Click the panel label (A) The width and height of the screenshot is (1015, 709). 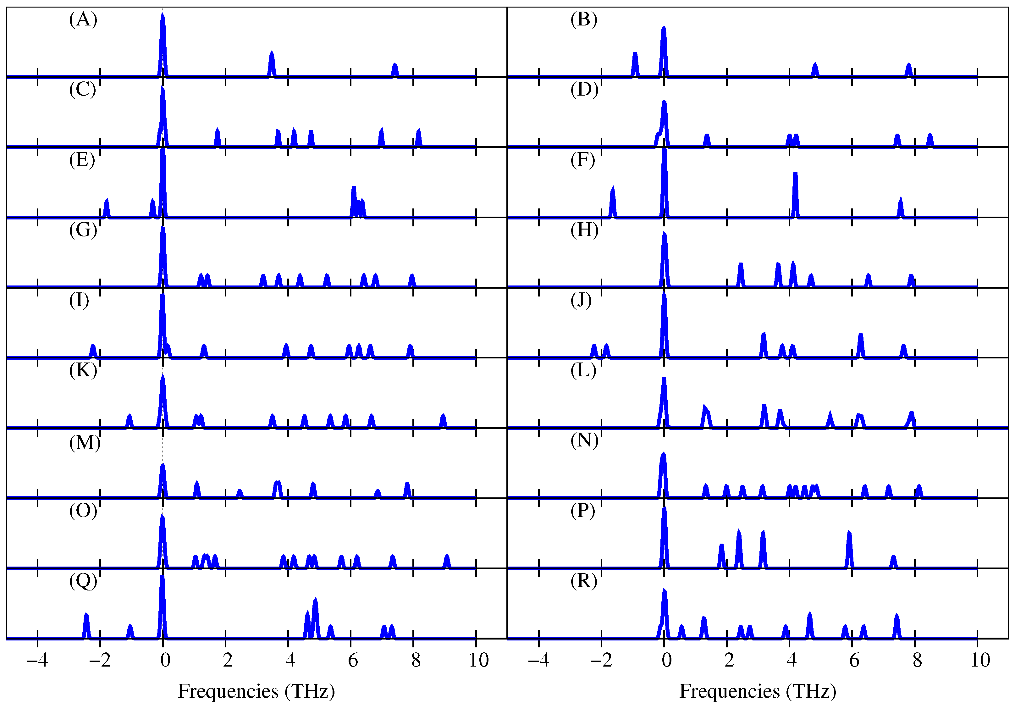(x=83, y=20)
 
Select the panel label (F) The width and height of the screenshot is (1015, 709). (x=583, y=160)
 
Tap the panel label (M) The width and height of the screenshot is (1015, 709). (x=85, y=442)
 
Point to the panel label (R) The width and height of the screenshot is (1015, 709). (x=583, y=581)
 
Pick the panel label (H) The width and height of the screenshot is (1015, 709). (x=584, y=230)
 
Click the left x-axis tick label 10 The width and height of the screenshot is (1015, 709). (x=478, y=660)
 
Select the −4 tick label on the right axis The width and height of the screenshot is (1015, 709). (x=538, y=660)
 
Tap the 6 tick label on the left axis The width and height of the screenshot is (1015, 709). (x=353, y=660)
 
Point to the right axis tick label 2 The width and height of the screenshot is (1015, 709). (x=729, y=660)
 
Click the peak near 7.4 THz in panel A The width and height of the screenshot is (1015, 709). (x=395, y=69)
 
